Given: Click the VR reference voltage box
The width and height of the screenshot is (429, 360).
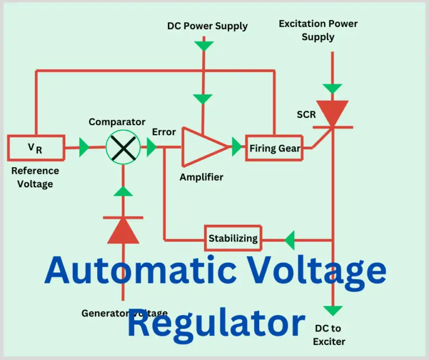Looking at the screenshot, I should click(x=36, y=148).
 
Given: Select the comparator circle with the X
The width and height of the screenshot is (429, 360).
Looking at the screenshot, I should click(x=123, y=148).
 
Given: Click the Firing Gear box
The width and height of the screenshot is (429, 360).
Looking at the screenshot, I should click(x=274, y=148).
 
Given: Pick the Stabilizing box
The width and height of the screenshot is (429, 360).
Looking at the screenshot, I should click(x=233, y=238).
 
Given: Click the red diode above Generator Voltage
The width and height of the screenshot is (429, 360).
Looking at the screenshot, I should click(x=123, y=230).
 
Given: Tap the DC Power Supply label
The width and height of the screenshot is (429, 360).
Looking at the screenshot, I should click(x=207, y=26).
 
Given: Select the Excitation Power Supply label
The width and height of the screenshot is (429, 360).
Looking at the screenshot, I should click(x=318, y=30).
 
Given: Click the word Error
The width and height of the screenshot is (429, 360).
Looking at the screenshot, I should click(x=164, y=132).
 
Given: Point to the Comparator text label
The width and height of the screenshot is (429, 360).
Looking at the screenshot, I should click(x=117, y=122).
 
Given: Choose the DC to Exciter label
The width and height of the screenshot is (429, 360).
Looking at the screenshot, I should click(x=329, y=335).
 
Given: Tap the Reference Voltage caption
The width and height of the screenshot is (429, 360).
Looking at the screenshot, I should click(x=35, y=177).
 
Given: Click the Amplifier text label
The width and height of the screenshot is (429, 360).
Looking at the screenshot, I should click(x=201, y=177).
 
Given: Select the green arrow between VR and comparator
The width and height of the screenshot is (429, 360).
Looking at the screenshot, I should click(x=84, y=148).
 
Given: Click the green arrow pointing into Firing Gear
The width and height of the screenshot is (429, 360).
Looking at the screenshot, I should click(x=237, y=148).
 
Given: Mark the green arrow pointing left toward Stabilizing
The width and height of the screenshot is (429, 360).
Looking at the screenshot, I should click(x=289, y=241).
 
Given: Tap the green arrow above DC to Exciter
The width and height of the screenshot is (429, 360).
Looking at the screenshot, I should click(x=332, y=311).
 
